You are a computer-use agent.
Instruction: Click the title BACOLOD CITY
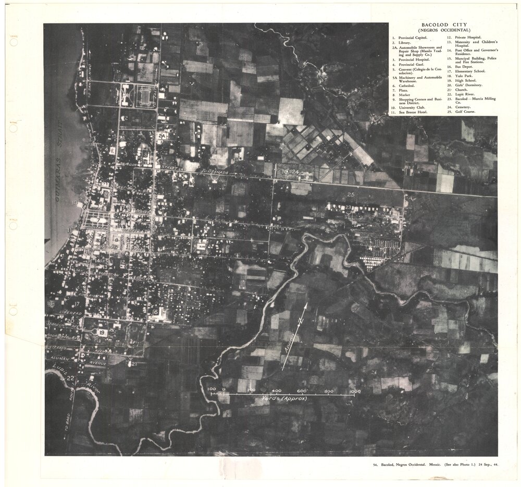(x=444, y=25)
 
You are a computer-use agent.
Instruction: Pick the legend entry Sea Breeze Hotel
(x=413, y=112)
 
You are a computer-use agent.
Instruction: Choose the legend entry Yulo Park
(x=462, y=76)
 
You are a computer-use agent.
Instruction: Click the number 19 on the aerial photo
(x=102, y=332)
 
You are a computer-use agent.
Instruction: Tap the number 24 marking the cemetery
(x=296, y=172)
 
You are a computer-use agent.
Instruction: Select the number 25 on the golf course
(x=351, y=194)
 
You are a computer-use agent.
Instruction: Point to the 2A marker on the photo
(x=162, y=136)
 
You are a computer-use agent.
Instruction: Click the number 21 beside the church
(x=134, y=363)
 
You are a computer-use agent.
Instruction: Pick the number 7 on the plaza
(x=97, y=221)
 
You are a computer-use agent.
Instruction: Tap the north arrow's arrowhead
(x=306, y=306)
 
